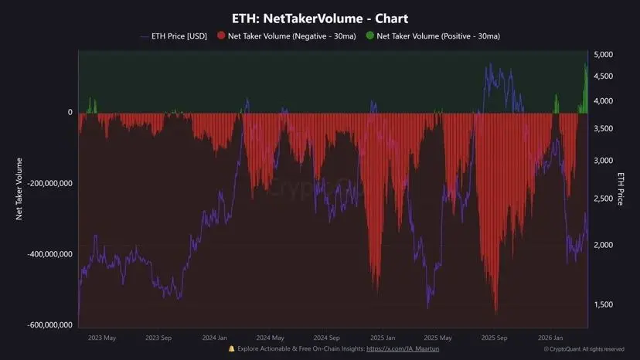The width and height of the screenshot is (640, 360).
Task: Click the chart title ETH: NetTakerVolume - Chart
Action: [x=320, y=18]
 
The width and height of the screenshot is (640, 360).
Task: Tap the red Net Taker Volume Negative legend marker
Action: [x=221, y=36]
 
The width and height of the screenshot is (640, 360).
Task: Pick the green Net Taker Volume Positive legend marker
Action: [x=369, y=36]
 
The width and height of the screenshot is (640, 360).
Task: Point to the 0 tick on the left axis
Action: [x=70, y=113]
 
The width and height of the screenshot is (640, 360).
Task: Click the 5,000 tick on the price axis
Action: [x=603, y=55]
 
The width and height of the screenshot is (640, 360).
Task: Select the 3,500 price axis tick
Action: [x=603, y=129]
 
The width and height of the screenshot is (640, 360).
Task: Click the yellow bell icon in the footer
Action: [x=232, y=349]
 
